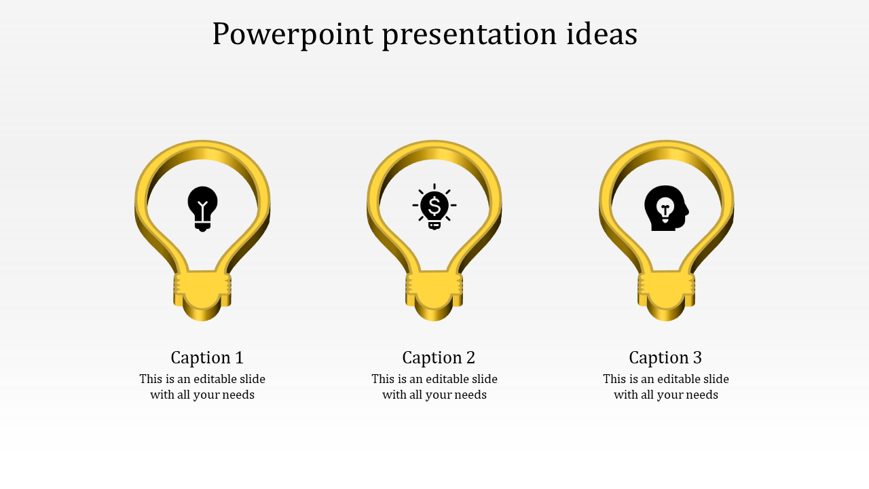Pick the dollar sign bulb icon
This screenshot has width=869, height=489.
[434, 206]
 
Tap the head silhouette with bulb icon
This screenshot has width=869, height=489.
[666, 208]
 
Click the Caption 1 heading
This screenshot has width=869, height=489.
[206, 357]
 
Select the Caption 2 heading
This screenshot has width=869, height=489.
[439, 357]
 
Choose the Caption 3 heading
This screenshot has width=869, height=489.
[665, 357]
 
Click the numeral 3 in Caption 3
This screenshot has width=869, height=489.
[697, 357]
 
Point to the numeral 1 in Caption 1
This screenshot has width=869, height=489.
[239, 357]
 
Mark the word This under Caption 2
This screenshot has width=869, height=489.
[383, 379]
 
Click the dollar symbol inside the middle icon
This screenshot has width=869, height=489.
[434, 204]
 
